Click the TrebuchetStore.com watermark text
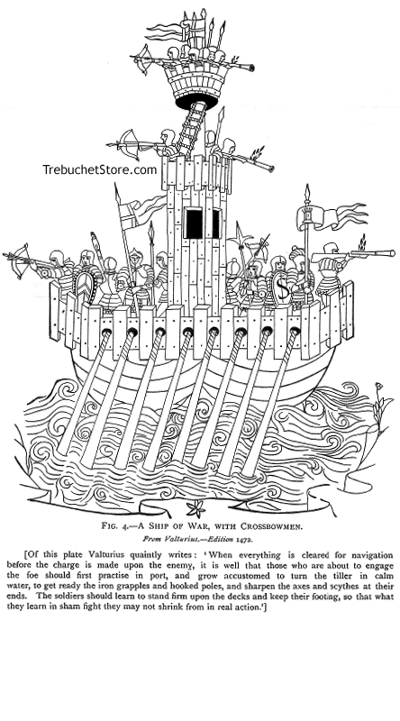coord(100,169)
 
